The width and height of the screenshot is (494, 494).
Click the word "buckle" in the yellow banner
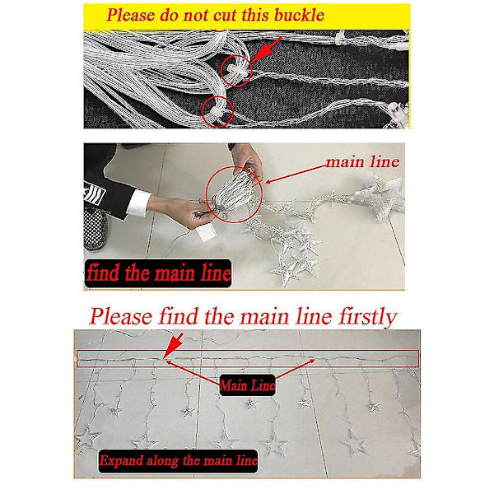pyautogui.click(x=299, y=15)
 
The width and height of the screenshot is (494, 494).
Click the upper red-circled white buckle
pyautogui.click(x=235, y=68)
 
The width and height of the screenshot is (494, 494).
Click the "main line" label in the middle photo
pyautogui.click(x=362, y=161)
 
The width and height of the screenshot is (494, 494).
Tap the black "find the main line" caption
pyautogui.click(x=158, y=273)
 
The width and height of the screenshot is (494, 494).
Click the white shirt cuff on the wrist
pyautogui.click(x=139, y=203)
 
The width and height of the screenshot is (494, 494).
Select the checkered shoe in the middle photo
pyautogui.click(x=96, y=227)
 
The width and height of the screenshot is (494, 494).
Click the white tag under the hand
pyautogui.click(x=206, y=234)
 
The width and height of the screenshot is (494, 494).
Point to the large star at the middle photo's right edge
pyautogui.click(x=381, y=195)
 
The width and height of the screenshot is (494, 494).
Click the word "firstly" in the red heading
pyautogui.click(x=368, y=317)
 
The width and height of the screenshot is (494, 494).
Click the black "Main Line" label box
pyautogui.click(x=247, y=385)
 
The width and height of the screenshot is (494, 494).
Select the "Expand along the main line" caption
pyautogui.click(x=178, y=461)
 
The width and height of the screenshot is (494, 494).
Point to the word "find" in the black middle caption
pyautogui.click(x=103, y=273)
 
